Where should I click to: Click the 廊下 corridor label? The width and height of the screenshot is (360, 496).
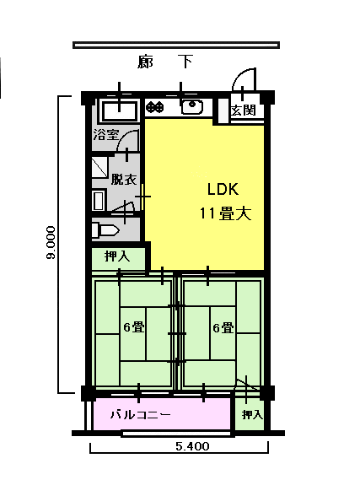tap(165, 62)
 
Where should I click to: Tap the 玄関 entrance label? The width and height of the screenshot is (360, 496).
tap(243, 111)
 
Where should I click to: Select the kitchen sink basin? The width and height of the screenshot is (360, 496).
tap(192, 106)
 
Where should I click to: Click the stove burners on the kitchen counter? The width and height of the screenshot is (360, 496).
tap(155, 107)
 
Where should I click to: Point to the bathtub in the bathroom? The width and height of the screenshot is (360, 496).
tap(119, 111)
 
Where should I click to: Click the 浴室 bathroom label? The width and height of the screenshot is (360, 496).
tap(106, 135)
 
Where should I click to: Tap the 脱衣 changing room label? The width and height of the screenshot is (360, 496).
tap(124, 180)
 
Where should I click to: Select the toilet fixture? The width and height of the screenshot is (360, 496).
tap(105, 230)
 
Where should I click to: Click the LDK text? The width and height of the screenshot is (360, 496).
tap(223, 189)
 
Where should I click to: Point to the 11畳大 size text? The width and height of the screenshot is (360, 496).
tap(225, 214)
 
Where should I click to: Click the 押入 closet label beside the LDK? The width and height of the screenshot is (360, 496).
tap(117, 256)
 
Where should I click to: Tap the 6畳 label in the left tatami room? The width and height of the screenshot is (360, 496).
tap(134, 327)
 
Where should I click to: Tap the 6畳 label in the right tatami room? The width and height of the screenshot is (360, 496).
tap(223, 327)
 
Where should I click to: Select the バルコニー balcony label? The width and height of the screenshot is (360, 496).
tap(141, 414)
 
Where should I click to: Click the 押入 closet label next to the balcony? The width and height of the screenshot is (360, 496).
tap(252, 414)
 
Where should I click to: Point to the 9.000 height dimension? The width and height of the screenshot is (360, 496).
tap(51, 242)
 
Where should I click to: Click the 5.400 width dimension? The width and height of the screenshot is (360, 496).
tap(192, 446)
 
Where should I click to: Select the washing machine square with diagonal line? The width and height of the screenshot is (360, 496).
tap(99, 167)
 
